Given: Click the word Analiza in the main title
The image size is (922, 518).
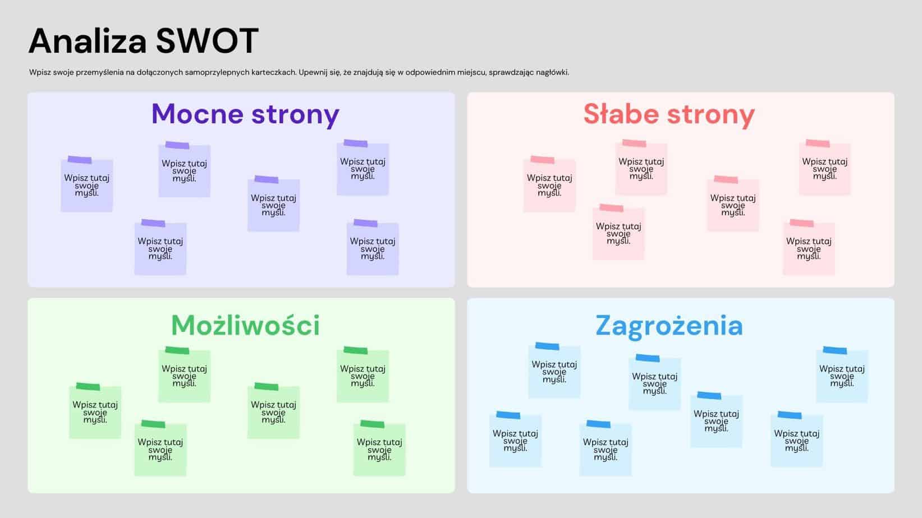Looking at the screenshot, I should pos(87,41).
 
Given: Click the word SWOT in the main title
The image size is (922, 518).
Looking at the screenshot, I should pos(207,41).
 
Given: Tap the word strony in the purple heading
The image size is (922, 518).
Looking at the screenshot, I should pos(295,115).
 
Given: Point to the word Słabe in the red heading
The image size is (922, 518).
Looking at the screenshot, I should pos(621,114).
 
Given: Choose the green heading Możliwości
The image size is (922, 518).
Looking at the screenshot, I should pos(245,325).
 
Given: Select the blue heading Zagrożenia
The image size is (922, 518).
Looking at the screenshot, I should pos(668,326).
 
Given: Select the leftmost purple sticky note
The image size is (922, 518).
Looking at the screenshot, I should pos(86,186).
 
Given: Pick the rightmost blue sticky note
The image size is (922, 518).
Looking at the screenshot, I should pos(842,376).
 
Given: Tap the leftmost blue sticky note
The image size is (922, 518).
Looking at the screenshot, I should pos(515,441).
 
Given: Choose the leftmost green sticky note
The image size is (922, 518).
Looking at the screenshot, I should pos(95,413).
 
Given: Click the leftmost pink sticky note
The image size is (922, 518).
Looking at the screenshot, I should pos(549,186).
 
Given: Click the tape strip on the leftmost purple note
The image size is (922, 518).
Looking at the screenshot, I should pos(80,160).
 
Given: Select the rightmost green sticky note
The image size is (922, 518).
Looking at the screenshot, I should pos(379,450).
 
